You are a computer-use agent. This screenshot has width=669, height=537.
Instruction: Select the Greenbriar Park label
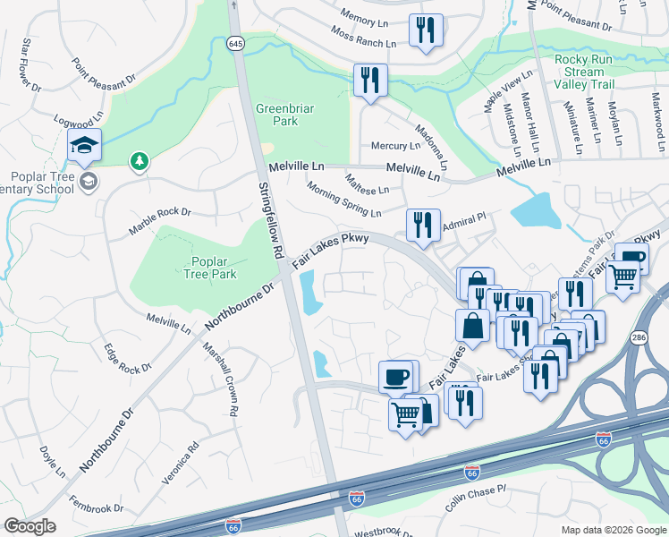pos(276,115)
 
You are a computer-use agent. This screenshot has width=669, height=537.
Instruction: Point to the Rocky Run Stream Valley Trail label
pos(584,72)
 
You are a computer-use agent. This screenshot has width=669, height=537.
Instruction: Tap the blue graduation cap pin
pos(84,144)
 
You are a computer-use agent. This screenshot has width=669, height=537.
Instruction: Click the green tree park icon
pos(139,161)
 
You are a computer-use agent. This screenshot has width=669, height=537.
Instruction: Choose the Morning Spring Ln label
pos(343,200)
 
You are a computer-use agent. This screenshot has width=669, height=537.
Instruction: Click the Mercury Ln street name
pos(394,146)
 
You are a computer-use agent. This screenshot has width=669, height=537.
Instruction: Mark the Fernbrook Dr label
pos(96,508)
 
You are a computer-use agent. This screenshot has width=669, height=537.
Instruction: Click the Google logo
pos(30,526)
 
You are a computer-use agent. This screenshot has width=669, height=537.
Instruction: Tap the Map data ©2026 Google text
pos(614,530)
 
